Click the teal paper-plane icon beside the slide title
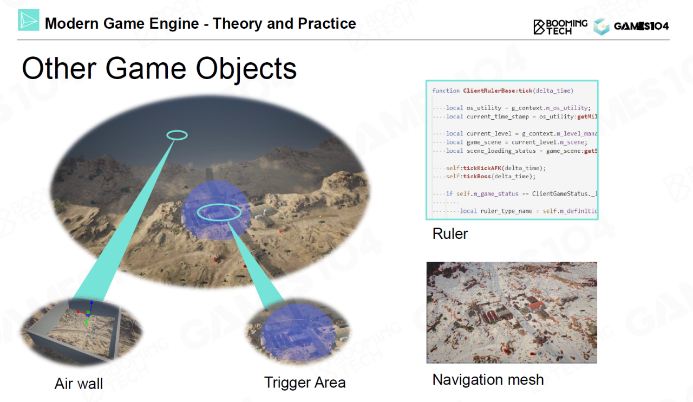click(x=29, y=20)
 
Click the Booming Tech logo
click(x=560, y=27)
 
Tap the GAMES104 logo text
click(x=641, y=27)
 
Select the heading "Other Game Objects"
click(x=159, y=69)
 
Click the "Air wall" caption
click(x=79, y=384)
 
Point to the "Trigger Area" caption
click(x=305, y=382)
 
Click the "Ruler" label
click(x=450, y=234)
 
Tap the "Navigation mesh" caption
click(x=488, y=380)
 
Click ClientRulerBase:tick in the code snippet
click(x=498, y=90)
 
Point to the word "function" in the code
click(x=446, y=90)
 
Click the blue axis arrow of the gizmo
click(x=91, y=306)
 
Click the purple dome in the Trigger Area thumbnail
click(x=298, y=332)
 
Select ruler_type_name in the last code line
click(x=506, y=211)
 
